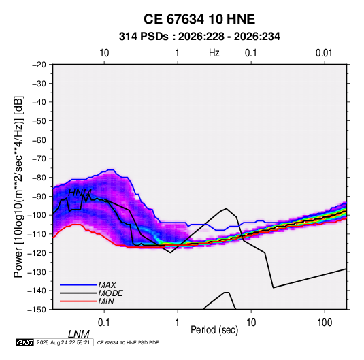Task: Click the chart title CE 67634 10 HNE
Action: (x=199, y=19)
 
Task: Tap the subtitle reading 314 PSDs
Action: (x=144, y=37)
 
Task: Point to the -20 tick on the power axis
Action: (x=39, y=65)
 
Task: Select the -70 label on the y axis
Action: (x=39, y=159)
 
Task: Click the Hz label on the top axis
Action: (x=214, y=53)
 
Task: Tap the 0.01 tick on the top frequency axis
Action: (x=324, y=53)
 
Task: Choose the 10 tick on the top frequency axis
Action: (x=104, y=53)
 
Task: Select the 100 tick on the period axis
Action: (x=325, y=323)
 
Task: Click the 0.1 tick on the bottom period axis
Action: (x=104, y=323)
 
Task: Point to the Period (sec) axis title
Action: (x=214, y=330)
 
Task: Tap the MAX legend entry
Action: (x=107, y=285)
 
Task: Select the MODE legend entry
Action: (x=110, y=293)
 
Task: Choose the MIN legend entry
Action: (x=106, y=301)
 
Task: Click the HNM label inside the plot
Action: (x=80, y=193)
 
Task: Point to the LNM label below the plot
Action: (x=79, y=334)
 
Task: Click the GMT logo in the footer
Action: (x=24, y=342)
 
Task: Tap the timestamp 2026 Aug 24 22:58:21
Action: (x=63, y=342)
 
